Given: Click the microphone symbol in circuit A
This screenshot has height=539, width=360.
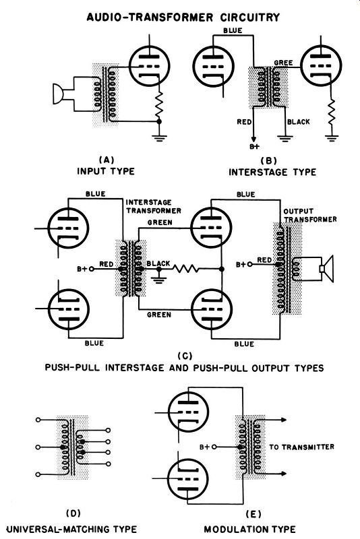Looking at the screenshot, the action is coord(58,94).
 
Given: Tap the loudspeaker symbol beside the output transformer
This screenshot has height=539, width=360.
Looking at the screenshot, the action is coord(327,269).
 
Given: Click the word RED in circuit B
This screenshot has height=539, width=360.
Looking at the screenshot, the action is coord(244,122).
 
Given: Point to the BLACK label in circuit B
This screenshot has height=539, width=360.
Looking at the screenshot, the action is coord(298,122).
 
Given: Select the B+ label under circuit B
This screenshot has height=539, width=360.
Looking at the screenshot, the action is coord(254,147).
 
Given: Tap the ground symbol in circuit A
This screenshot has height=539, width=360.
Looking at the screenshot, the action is coord(159,138).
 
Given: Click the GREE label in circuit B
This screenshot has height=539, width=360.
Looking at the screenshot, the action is coord(283,63).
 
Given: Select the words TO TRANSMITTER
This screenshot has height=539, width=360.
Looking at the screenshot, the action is coord(301,447).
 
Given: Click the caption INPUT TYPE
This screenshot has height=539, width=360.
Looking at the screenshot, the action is coord(106,171).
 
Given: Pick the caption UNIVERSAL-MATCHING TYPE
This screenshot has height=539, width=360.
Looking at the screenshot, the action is coord(71,529).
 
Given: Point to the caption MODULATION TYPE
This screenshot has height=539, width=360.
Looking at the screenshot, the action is coord(249,529).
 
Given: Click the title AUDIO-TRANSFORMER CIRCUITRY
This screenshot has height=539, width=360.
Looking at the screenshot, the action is coord(183,17).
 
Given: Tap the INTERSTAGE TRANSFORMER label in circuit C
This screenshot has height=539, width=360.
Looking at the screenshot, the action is coord(153,206).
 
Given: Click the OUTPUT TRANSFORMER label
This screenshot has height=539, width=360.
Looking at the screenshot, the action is coord(310,215).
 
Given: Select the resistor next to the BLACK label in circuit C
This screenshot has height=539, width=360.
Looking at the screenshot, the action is coord(185,269).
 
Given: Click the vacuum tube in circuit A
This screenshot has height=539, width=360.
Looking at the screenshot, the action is coord(150,65).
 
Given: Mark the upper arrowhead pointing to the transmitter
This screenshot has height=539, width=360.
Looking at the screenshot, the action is coord(283,420).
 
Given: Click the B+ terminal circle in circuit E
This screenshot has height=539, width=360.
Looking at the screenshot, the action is coord(214,447).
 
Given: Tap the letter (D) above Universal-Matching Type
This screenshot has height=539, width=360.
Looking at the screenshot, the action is coord(73,513).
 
